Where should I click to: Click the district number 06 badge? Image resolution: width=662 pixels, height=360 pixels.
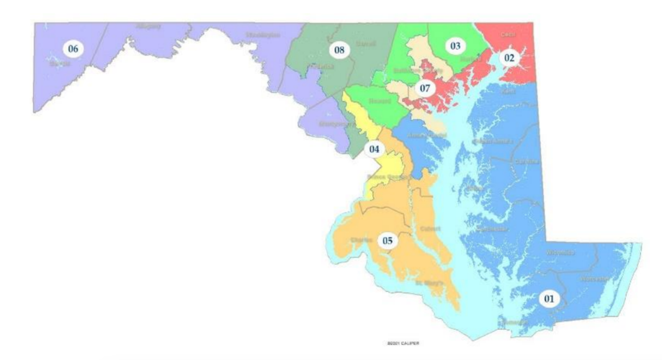[x=72, y=49]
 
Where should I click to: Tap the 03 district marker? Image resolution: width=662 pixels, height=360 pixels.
[x=455, y=46]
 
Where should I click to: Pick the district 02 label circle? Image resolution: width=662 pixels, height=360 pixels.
[x=509, y=57]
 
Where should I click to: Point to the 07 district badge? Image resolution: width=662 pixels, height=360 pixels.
[x=424, y=89]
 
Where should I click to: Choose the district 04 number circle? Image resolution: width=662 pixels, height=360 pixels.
[x=374, y=150]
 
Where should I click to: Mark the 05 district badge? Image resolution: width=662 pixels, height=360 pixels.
[x=387, y=240]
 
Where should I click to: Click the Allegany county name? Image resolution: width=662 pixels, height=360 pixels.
[x=148, y=26]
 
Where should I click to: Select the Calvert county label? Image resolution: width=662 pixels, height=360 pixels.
[x=428, y=230]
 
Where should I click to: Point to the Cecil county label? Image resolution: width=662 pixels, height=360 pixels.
[x=508, y=35]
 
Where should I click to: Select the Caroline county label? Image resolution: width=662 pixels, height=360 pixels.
[x=528, y=161]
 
